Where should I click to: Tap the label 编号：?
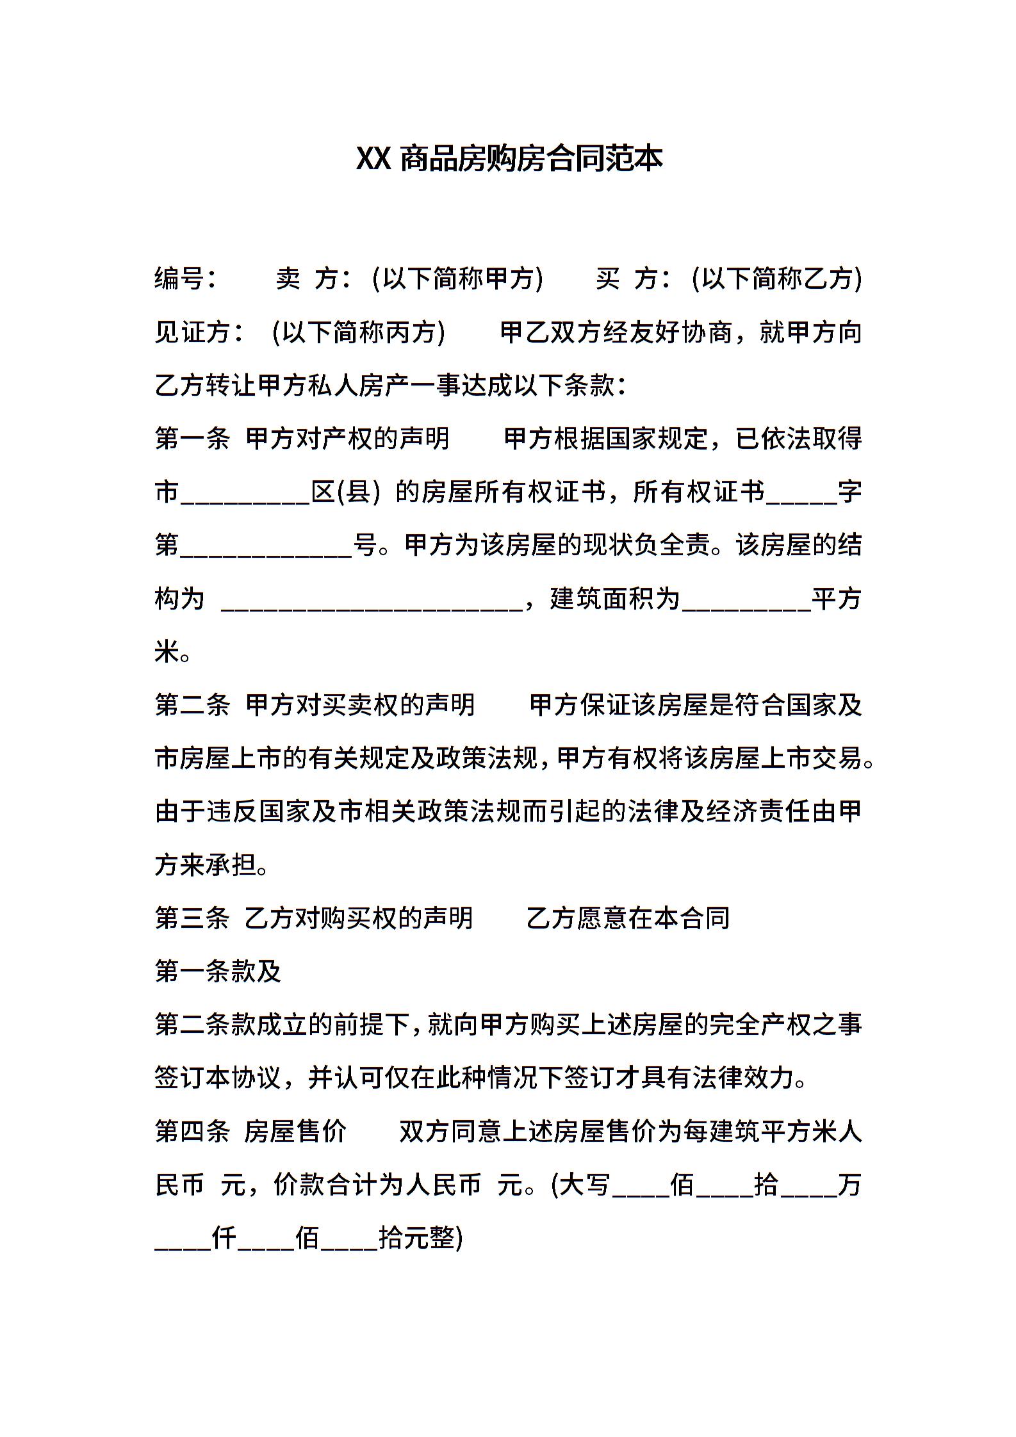click(x=186, y=279)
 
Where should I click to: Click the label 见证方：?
click(x=199, y=333)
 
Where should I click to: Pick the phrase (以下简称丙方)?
click(x=358, y=333)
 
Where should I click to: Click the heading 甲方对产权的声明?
click(x=348, y=439)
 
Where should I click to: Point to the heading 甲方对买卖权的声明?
click(x=361, y=706)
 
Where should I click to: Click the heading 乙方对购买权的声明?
click(x=359, y=919)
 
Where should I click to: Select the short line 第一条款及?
click(x=218, y=972)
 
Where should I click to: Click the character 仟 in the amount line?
click(x=224, y=1238)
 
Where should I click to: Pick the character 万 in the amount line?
click(x=849, y=1185)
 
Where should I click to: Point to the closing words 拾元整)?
click(x=420, y=1238)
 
